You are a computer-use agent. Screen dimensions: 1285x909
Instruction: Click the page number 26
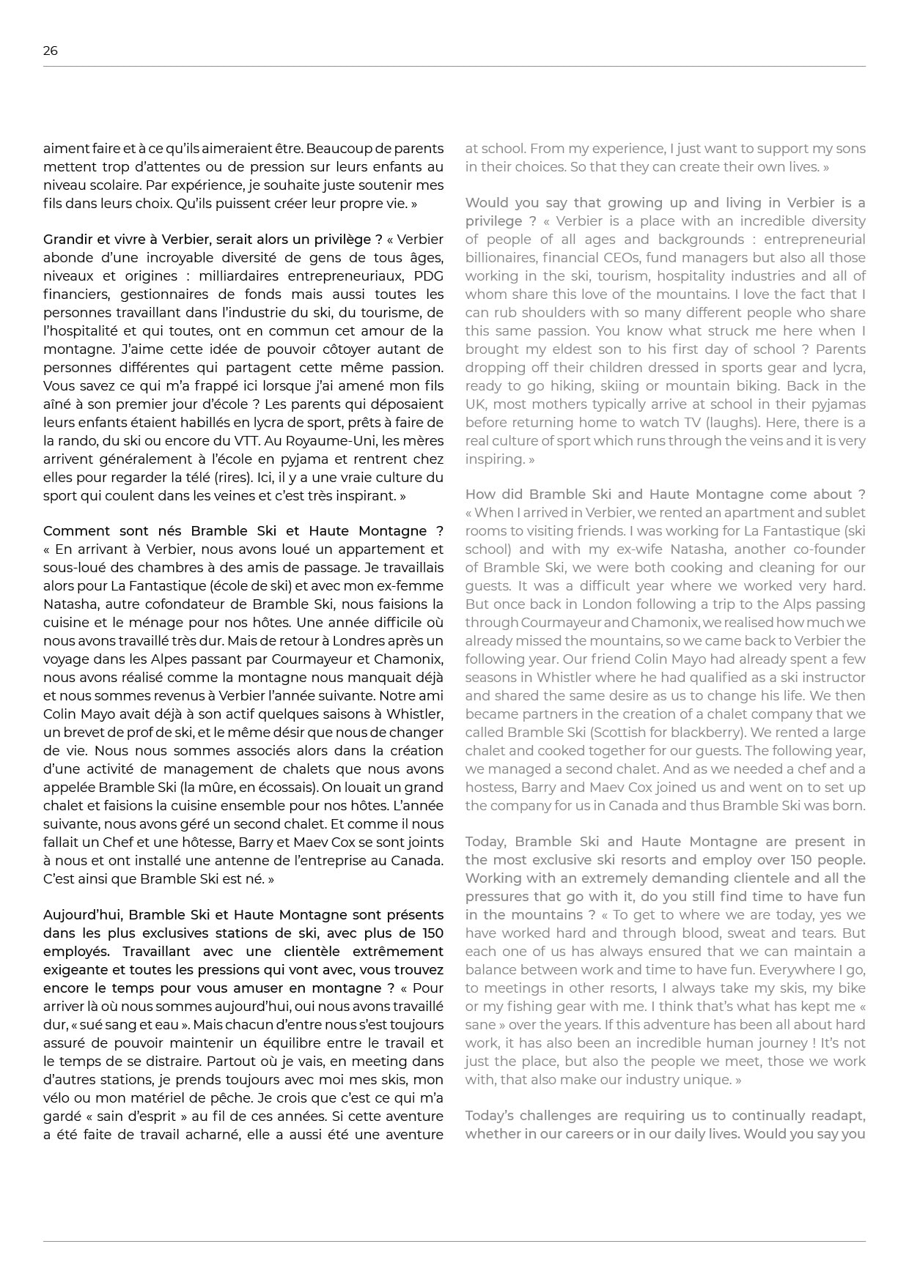click(50, 51)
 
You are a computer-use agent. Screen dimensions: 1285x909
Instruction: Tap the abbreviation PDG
click(429, 276)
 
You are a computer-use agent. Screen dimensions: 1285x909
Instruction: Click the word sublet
click(846, 513)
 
